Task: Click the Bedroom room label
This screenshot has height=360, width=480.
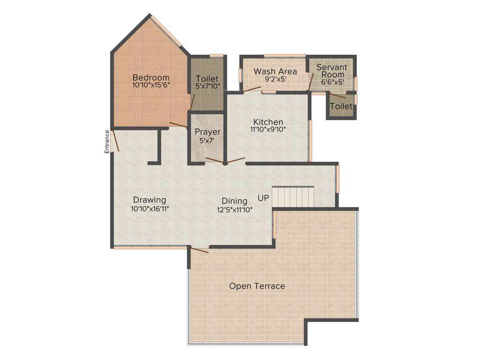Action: point(150,77)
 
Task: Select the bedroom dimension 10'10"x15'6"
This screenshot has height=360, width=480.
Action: point(150,85)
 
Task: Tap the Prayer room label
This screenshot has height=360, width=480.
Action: point(207,132)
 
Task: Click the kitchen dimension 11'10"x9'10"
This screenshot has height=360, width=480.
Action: point(268,129)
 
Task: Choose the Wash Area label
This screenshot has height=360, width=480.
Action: point(275,71)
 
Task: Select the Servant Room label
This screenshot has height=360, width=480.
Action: point(332,71)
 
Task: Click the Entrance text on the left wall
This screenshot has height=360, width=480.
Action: point(107,141)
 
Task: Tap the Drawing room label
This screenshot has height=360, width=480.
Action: point(150,200)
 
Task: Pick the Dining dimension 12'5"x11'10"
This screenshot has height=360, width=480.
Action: point(234,210)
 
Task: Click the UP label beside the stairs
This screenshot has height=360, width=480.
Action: point(263,198)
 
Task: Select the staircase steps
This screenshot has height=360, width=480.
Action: point(293,196)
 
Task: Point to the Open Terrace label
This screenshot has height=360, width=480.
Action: point(257,286)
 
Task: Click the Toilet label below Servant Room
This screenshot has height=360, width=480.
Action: point(341,106)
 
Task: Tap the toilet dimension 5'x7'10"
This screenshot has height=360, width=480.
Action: point(207,86)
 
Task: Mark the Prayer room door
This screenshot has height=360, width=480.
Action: point(214,161)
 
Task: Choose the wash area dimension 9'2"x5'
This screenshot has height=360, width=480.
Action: point(275,79)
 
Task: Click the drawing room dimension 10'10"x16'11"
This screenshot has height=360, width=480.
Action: point(150,209)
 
